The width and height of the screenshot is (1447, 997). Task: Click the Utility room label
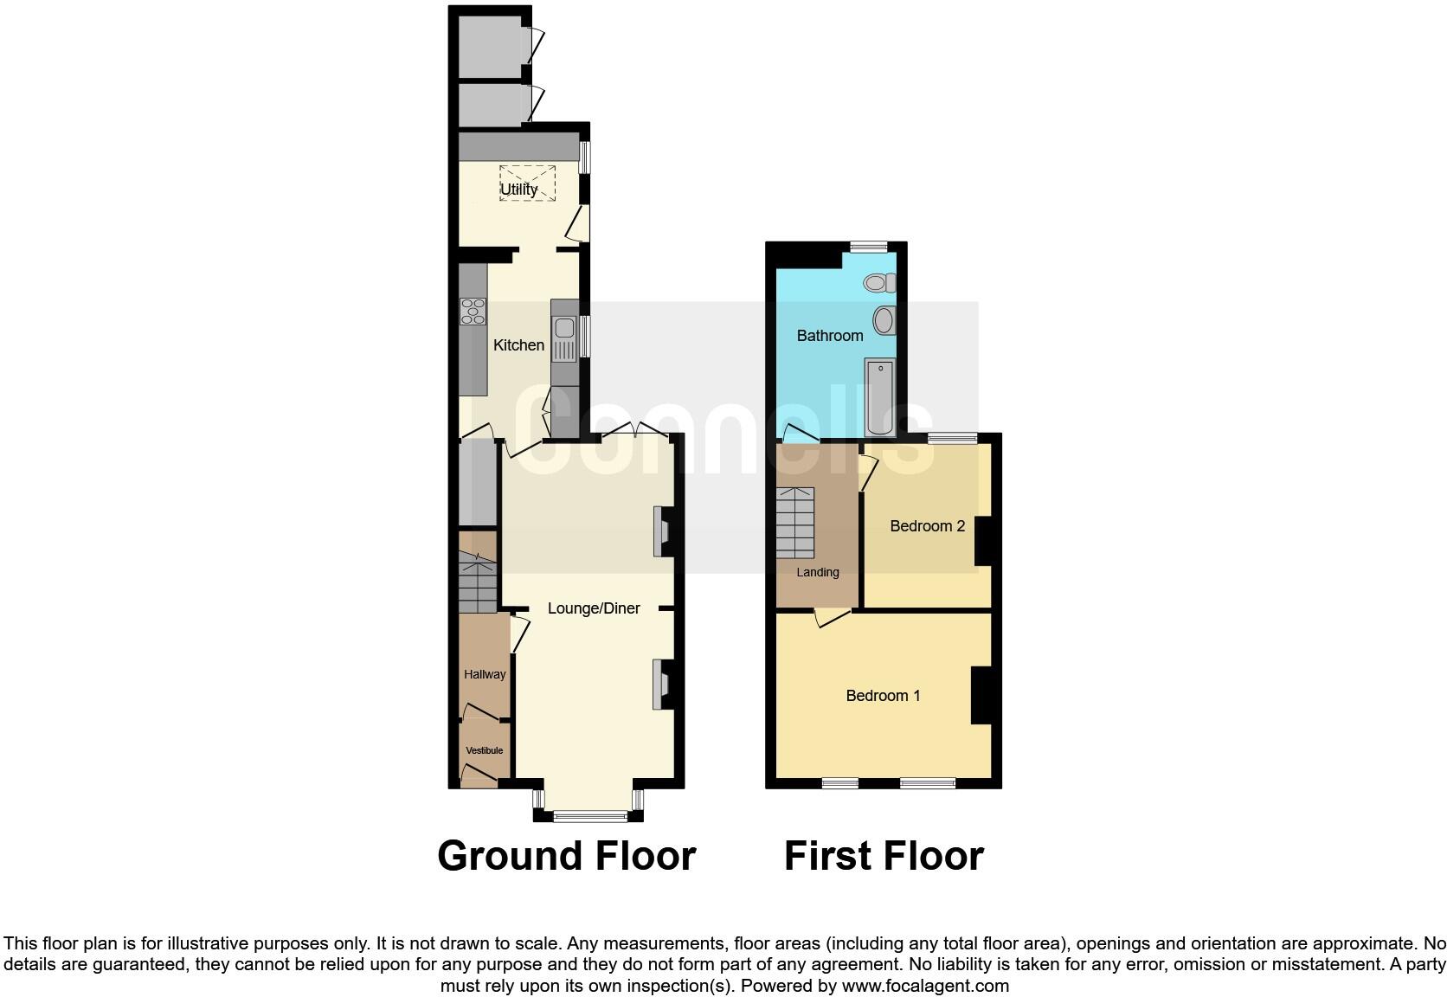point(518,189)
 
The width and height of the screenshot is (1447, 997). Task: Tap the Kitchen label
point(518,345)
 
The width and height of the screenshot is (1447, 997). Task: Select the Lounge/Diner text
point(594,608)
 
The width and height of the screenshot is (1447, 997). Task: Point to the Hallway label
point(485,674)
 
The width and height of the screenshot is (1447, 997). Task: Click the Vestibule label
point(484,750)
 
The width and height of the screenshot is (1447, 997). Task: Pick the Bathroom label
point(830,336)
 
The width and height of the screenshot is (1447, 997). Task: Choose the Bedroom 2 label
point(927,526)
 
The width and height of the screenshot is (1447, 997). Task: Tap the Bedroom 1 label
point(883,696)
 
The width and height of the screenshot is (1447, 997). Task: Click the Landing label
point(818,572)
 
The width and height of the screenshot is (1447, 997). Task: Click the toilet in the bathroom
point(881,282)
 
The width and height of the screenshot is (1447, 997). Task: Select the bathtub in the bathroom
point(880,398)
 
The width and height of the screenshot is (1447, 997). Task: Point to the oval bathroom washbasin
point(884,320)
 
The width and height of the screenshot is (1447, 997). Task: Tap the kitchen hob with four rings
point(473,312)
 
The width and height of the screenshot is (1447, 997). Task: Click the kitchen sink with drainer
point(564,338)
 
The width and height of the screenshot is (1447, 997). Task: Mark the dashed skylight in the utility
point(527,183)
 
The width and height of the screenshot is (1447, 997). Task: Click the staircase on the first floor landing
point(795,523)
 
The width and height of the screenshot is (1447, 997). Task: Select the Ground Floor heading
point(566,856)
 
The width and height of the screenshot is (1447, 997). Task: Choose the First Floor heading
point(884,856)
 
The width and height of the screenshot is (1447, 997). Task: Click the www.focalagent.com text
point(925,986)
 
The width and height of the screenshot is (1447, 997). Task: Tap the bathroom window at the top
point(868,247)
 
